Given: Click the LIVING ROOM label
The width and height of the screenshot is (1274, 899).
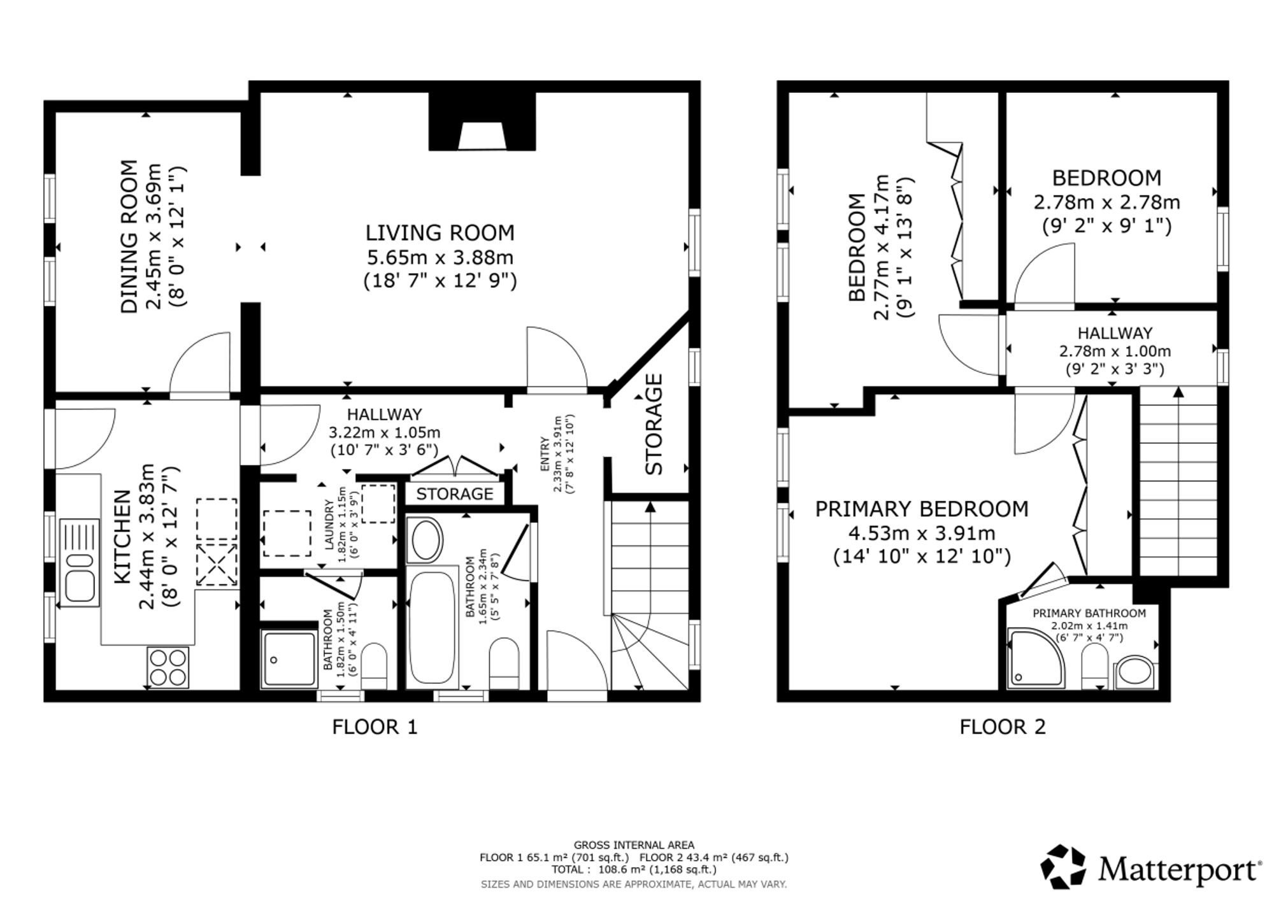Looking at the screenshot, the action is (x=440, y=232).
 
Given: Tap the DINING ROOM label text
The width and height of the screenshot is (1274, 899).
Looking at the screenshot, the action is (x=129, y=237).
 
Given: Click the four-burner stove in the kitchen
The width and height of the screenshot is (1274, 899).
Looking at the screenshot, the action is (x=168, y=667).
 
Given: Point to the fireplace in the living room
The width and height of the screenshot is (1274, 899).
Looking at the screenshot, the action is (x=482, y=122).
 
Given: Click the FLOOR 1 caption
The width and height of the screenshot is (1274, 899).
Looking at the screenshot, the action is (x=375, y=726).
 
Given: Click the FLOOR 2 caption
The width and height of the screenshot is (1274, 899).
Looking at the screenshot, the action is (x=1003, y=726).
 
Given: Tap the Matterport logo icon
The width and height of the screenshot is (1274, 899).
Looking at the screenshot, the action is (x=1064, y=867).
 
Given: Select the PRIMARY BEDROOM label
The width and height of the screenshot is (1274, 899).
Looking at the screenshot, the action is (x=922, y=509).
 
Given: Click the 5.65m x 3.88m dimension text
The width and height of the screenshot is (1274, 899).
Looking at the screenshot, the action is (x=440, y=257).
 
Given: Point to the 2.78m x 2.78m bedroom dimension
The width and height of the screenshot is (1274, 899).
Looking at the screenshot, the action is (x=1106, y=202).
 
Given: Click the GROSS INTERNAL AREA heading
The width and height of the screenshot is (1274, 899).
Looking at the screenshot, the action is (x=634, y=846).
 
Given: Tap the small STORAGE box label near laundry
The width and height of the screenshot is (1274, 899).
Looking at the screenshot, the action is (x=455, y=494).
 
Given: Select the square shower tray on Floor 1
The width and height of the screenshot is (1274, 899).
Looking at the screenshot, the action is (x=289, y=659).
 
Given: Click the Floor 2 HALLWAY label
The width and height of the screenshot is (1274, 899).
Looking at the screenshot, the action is (x=1115, y=333).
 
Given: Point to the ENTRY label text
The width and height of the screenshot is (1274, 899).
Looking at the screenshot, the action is (x=545, y=454).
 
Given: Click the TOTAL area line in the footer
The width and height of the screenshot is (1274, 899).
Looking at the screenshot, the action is (x=634, y=870).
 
